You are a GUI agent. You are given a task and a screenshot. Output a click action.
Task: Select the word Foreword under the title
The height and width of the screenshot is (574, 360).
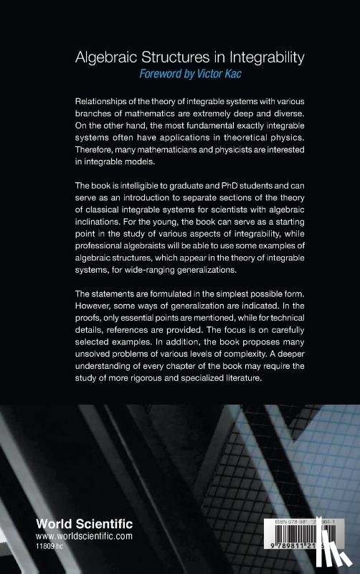[x=163, y=73]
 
